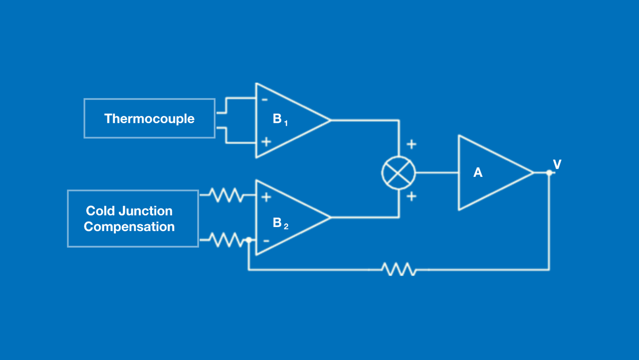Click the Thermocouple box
(x=149, y=118)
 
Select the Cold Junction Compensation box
(x=133, y=219)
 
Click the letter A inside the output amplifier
(x=478, y=173)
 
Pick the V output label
(x=557, y=165)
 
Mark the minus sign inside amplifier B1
(x=265, y=99)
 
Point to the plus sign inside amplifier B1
(x=266, y=142)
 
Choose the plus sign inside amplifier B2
(x=266, y=197)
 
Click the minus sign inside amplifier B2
(x=266, y=241)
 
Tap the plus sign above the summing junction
(x=411, y=144)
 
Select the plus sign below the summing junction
(x=411, y=196)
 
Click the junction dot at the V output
(x=549, y=173)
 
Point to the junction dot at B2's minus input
(x=249, y=240)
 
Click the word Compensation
(x=129, y=227)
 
